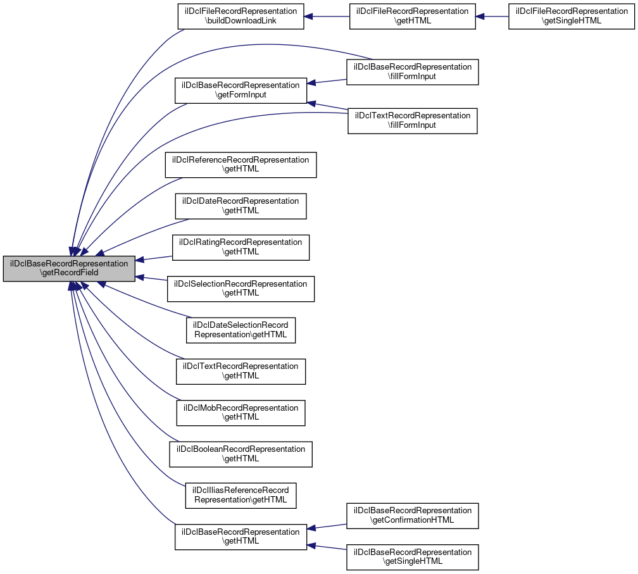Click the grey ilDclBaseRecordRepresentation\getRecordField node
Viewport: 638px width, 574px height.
pos(69,268)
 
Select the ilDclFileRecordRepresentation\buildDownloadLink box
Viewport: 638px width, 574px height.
pos(241,16)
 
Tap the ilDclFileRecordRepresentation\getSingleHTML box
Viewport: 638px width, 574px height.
pos(571,16)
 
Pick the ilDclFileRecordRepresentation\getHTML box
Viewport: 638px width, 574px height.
pos(412,16)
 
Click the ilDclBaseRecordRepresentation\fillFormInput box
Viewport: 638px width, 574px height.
pos(412,72)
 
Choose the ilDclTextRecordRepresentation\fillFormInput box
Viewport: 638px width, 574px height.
pos(412,120)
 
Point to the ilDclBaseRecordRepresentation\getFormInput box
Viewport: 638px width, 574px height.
pos(241,90)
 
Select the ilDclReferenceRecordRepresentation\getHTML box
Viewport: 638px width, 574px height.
pos(241,165)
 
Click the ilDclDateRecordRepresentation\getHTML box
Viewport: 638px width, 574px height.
pos(241,206)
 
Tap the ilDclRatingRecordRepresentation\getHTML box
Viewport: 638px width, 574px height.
pos(241,247)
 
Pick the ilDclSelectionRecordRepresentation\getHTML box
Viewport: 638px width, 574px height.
pos(241,289)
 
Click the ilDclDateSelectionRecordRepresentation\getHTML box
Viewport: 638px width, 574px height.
pos(241,330)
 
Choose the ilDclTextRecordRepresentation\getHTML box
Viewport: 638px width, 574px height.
pos(241,371)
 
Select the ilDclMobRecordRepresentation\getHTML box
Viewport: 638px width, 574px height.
pos(241,412)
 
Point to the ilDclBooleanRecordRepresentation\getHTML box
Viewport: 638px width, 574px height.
pos(241,454)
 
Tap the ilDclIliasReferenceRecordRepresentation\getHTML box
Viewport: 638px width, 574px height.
pos(241,495)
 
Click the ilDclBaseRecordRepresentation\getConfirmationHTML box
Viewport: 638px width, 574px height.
pos(412,515)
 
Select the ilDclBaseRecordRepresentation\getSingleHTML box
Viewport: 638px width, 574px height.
pos(412,556)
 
